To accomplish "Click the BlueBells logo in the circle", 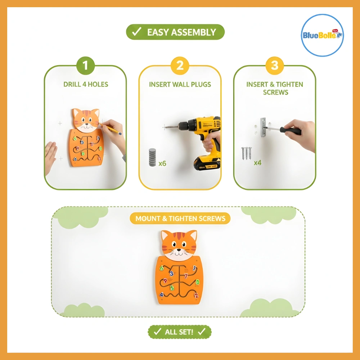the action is point(322,35).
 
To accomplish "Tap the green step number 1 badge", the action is point(85,66).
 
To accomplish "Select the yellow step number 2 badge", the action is point(180,66).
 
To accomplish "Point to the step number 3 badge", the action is point(275,66).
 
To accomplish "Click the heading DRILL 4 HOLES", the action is point(86,84).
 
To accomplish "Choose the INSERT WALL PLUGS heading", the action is point(180,84).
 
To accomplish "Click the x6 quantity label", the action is point(162,163).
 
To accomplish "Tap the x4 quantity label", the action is point(257,163).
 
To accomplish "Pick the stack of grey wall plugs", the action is point(152,157).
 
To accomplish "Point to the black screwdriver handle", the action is point(291,131).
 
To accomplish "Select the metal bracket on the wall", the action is point(263,127).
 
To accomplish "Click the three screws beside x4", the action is point(246,153).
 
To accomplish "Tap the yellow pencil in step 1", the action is point(110,129).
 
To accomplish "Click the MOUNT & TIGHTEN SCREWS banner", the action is point(180,219).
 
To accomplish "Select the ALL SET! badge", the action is point(180,332).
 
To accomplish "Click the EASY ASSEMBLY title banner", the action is point(175,32).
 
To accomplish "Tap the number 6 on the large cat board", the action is point(162,268).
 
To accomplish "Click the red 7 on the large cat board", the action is point(186,276).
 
